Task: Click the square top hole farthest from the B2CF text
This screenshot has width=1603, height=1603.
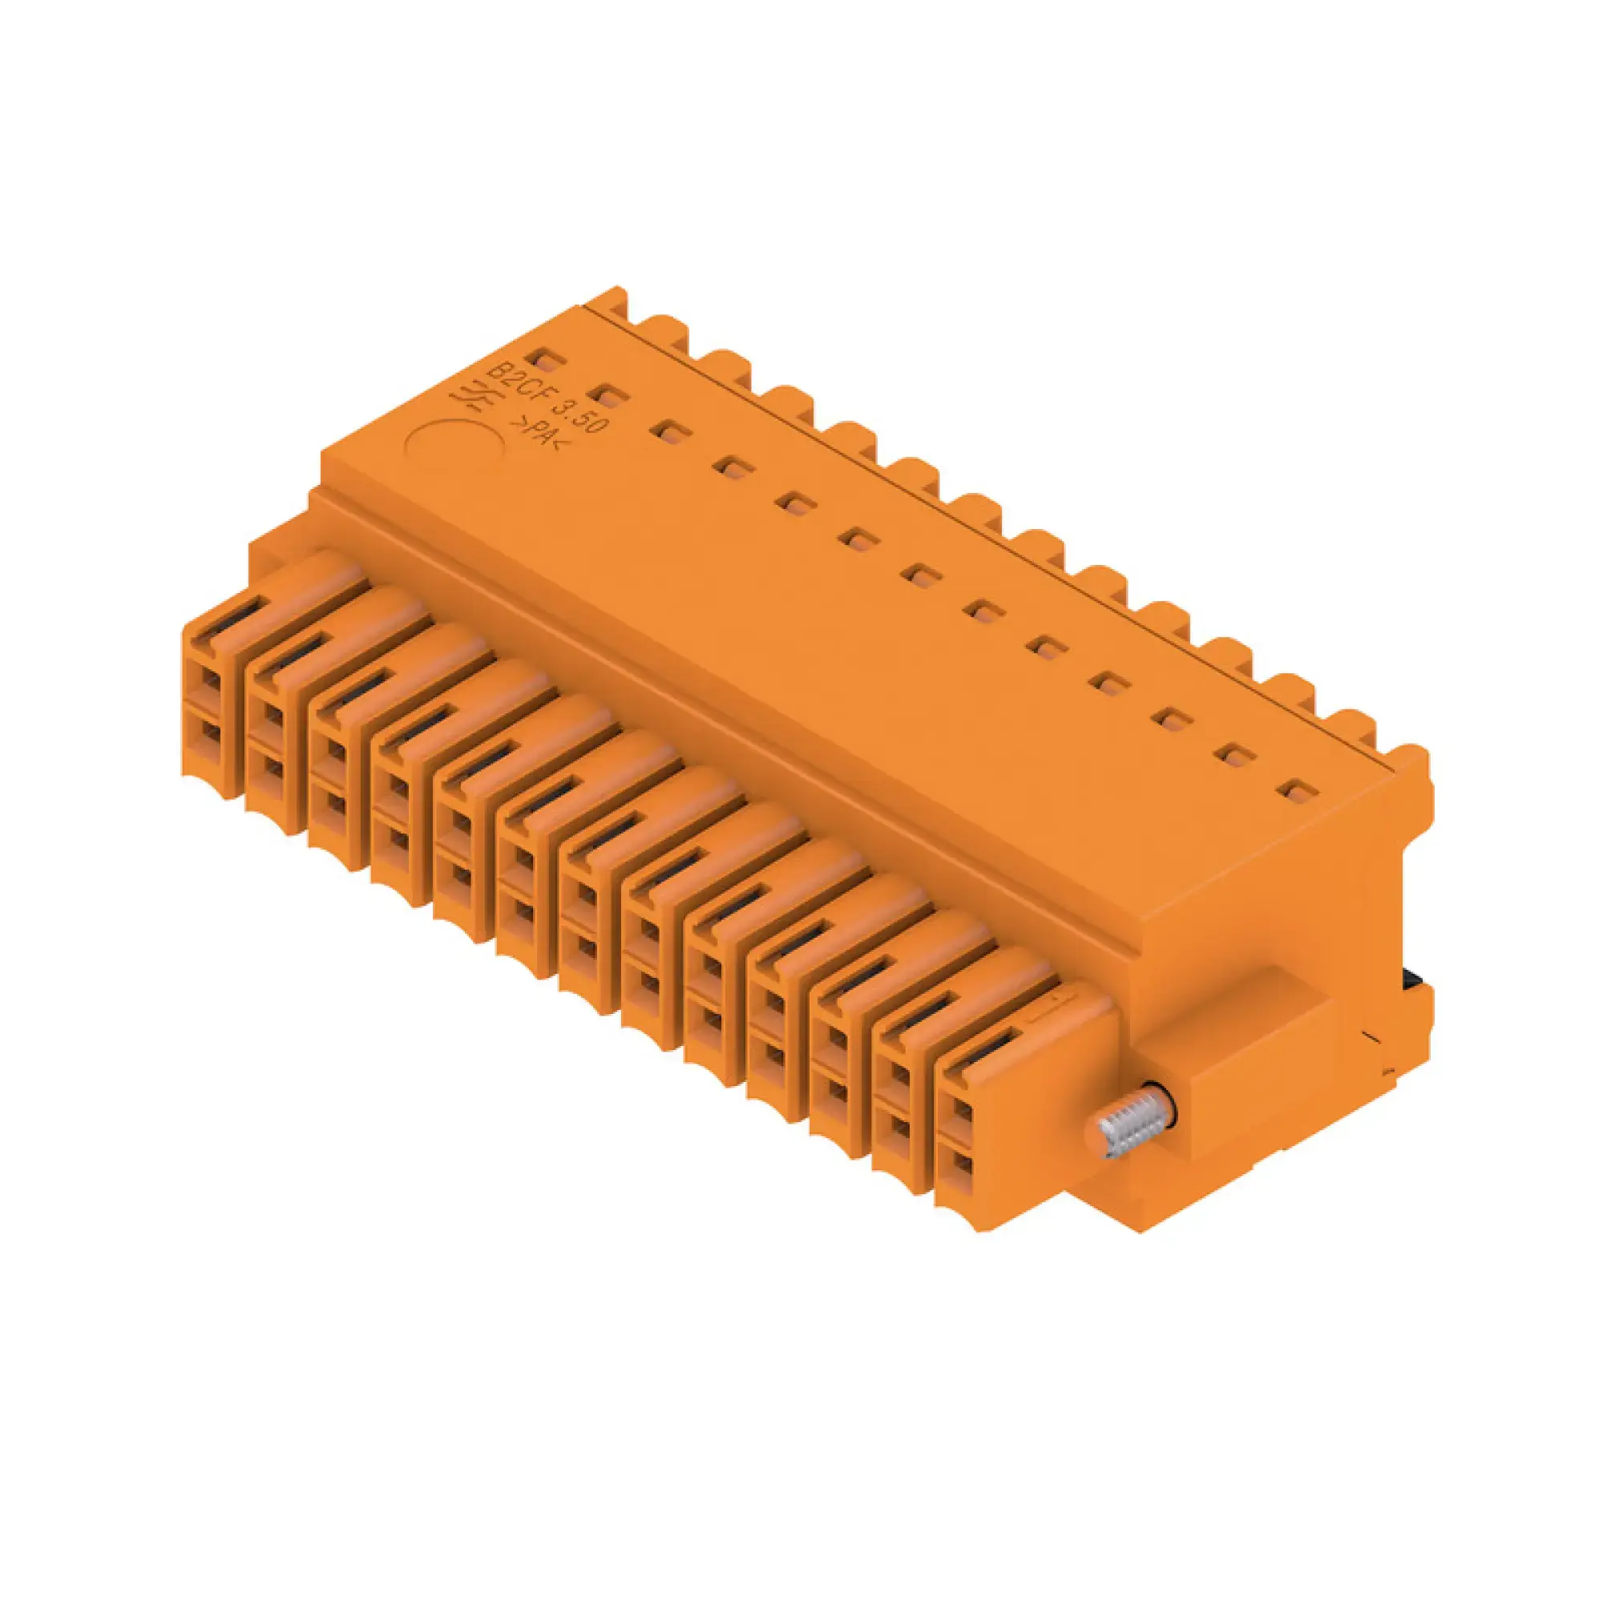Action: [1297, 790]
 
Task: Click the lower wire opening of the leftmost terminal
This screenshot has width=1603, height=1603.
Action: [211, 735]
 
